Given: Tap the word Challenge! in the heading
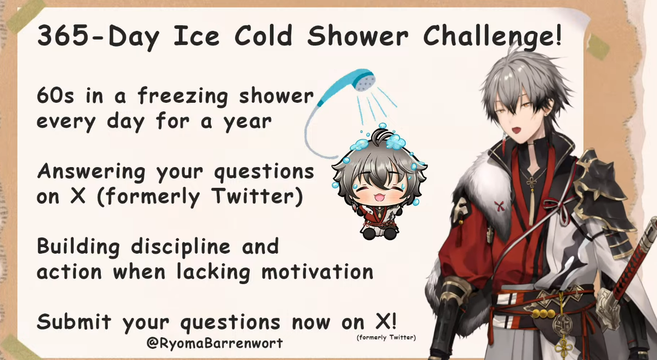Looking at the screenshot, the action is tap(492, 36).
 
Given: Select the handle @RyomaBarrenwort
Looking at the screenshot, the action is tap(214, 343).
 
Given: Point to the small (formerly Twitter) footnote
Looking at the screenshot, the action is tap(387, 337).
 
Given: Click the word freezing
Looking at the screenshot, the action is tap(183, 96).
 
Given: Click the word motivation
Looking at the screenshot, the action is tap(317, 271).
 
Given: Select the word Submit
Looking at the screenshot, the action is tap(74, 322).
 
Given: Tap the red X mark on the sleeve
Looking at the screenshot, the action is tap(499, 207).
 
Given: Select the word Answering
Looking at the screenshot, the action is tap(91, 172).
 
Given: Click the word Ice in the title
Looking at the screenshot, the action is tap(196, 36).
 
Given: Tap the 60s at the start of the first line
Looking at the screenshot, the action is tap(55, 96).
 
